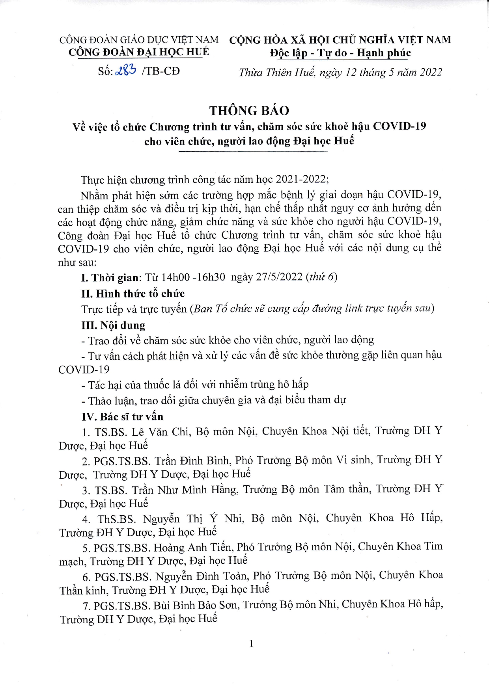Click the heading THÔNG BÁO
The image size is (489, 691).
(249, 110)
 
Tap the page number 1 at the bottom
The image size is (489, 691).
(252, 643)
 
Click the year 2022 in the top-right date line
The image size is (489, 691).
(431, 72)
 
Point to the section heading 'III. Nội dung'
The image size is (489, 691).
(113, 325)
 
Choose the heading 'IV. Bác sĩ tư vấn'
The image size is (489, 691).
(122, 416)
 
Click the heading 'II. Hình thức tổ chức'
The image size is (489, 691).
(133, 293)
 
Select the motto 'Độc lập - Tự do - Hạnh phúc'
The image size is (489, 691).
(340, 53)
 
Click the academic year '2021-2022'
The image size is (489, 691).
(301, 179)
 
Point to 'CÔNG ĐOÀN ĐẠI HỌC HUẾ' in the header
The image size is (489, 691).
(139, 52)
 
